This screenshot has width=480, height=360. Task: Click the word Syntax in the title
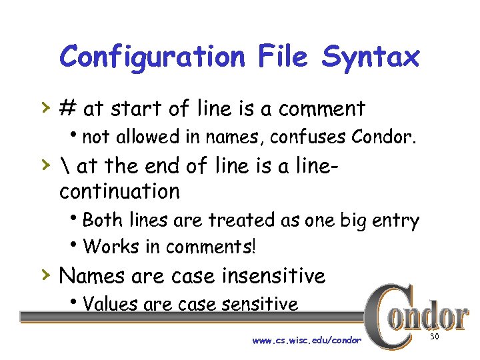click(371, 57)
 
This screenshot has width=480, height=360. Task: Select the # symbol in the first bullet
click(67, 108)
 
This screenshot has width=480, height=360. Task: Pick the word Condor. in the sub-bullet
click(385, 137)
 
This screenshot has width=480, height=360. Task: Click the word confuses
click(309, 137)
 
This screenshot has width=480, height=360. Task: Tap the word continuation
click(119, 191)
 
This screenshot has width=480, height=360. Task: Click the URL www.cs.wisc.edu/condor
click(307, 340)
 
